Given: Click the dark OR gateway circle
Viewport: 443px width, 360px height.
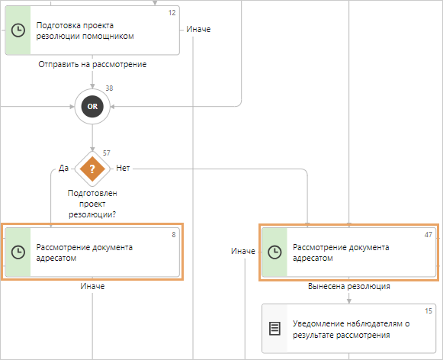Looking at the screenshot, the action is tap(92, 107).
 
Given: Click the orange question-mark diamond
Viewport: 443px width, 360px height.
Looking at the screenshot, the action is tap(92, 169).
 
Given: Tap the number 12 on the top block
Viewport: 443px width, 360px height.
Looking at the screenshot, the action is tap(172, 13).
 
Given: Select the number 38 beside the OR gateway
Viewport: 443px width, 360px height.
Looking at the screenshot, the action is tap(109, 88).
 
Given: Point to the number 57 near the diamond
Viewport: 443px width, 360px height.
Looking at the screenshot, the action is tap(107, 153).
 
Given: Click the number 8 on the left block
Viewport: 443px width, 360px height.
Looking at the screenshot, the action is tap(174, 235).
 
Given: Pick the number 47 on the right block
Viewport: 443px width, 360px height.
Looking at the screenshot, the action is tap(429, 235).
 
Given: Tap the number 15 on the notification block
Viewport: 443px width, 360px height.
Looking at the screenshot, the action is tap(429, 311).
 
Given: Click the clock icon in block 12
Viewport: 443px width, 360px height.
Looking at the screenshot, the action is tap(18, 30).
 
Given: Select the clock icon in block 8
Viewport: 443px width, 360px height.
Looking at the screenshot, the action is tap(18, 252).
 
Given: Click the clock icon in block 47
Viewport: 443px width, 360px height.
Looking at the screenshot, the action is tap(274, 252).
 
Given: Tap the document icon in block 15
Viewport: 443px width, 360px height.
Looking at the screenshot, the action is tap(274, 329).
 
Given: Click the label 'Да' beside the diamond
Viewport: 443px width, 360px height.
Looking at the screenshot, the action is tap(63, 168).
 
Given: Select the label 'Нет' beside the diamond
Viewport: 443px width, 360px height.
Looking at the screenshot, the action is tap(124, 168).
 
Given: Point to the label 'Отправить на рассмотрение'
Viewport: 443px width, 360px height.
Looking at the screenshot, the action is tap(92, 64).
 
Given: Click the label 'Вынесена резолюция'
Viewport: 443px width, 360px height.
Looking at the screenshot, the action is tap(349, 286).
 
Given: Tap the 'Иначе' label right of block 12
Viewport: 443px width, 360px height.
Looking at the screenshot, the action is tap(198, 29).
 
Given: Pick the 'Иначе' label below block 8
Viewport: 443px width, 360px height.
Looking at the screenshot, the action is tap(92, 286).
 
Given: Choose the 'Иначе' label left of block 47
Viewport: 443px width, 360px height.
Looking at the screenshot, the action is tap(243, 251).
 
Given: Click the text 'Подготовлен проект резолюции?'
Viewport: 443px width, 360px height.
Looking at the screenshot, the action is tap(92, 204).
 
